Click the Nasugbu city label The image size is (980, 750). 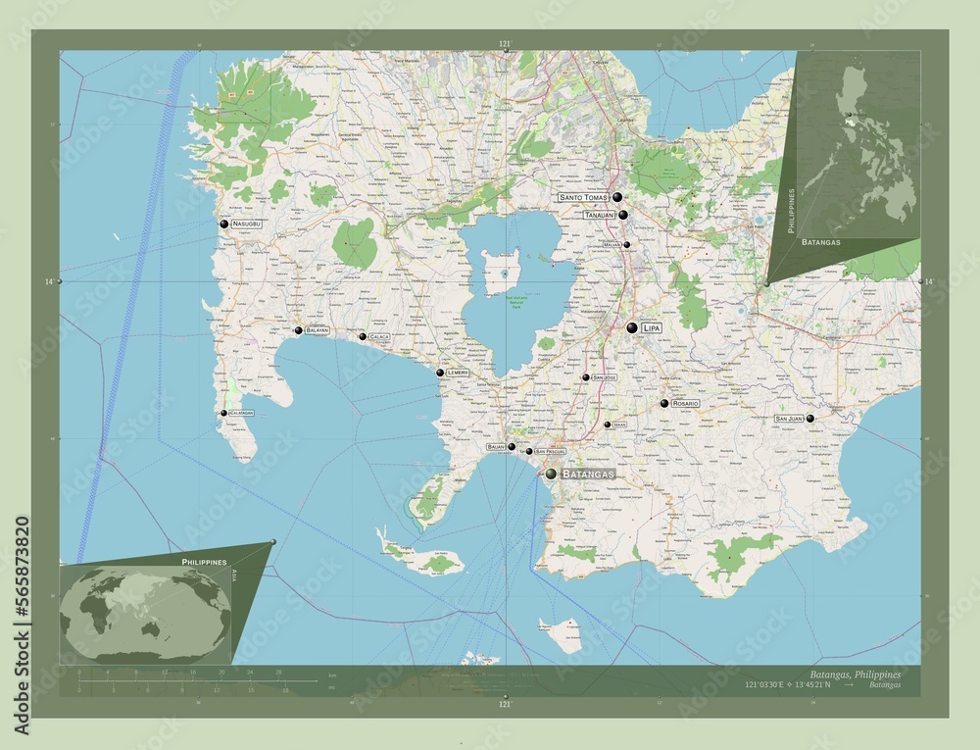click(x=247, y=225)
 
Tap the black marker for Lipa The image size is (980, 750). click(x=632, y=327)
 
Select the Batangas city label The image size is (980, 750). click(x=588, y=474)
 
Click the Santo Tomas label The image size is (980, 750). click(x=584, y=197)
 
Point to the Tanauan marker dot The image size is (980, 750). click(x=622, y=214)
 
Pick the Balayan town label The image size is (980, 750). click(x=318, y=331)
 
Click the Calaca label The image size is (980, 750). click(x=379, y=337)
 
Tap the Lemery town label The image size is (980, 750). click(x=458, y=374)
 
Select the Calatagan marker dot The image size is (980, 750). click(x=223, y=413)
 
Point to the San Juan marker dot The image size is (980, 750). click(x=809, y=419)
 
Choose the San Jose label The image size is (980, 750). click(x=605, y=377)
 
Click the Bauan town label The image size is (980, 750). click(x=496, y=447)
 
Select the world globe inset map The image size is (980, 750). click(x=145, y=611)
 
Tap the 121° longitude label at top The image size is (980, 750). click(x=505, y=44)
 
